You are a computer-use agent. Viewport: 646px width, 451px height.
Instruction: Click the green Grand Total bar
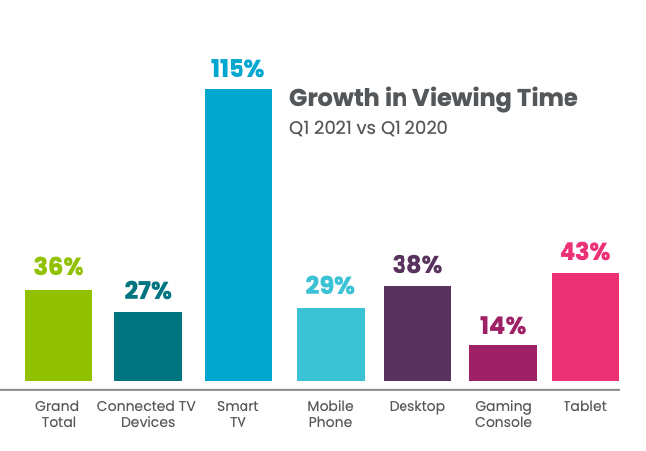59,336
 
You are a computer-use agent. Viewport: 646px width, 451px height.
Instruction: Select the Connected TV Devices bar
148,346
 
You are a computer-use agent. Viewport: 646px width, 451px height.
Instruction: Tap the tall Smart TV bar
239,235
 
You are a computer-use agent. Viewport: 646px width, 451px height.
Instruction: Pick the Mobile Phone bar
331,344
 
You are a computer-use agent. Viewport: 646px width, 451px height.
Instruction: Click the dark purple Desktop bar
417,334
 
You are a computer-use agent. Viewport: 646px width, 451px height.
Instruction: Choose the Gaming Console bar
503,363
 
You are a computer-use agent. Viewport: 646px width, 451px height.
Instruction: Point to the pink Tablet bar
585,327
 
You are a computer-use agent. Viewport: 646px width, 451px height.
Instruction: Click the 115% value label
238,68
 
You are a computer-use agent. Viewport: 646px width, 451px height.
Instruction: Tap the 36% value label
59,266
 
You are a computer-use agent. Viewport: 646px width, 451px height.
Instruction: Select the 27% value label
148,290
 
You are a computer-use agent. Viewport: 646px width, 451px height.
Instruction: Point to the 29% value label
330,285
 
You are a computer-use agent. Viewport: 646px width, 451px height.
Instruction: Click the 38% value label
417,264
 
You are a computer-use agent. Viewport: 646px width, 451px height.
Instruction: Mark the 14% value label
503,325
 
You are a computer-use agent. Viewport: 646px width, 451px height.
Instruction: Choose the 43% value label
585,251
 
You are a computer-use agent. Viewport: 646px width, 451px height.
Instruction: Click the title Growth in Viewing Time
433,99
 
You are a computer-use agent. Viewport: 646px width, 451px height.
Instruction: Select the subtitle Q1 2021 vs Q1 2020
369,128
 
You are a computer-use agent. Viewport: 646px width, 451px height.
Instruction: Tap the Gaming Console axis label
503,414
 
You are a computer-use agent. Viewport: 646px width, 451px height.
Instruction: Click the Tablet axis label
585,406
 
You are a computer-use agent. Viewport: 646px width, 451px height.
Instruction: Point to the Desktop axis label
417,407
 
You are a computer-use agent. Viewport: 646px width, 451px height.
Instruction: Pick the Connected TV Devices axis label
146,414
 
